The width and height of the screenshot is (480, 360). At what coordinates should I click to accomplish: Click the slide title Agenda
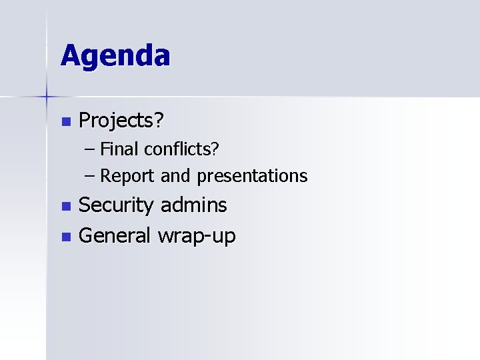tap(115, 56)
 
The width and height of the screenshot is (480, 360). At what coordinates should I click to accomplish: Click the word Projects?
tap(122, 121)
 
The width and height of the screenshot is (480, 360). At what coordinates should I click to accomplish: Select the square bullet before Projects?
tap(65, 121)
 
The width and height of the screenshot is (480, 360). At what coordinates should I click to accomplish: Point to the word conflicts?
tap(181, 149)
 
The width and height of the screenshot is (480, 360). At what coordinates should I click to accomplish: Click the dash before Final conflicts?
tap(91, 149)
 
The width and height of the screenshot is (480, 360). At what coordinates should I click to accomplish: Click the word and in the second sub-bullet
tap(175, 176)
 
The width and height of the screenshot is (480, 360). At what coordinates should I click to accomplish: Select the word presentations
tap(251, 176)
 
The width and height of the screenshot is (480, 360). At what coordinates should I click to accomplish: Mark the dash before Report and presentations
tap(91, 177)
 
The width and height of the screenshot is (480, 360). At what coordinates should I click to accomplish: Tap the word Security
tap(116, 205)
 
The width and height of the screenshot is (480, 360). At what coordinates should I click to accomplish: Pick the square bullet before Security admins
tap(65, 206)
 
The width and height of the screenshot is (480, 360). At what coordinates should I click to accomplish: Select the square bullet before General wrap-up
tap(65, 236)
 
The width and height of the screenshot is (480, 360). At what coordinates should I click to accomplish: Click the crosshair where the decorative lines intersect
tap(47, 97)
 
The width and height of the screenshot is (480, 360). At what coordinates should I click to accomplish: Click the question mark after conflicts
tap(215, 149)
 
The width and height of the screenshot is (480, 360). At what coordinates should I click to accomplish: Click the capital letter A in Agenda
tap(70, 55)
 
